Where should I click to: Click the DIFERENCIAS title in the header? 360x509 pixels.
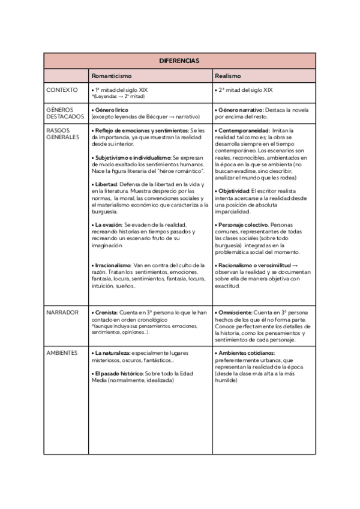pos(179,61)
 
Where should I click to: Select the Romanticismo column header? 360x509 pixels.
pos(112,76)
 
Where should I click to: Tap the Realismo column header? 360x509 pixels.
pos(228,76)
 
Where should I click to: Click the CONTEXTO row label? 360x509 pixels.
pos(62,90)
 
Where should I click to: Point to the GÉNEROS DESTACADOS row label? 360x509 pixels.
pos(65,113)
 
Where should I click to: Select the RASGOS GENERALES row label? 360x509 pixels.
pos(62,133)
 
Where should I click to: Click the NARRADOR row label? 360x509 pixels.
pos(62,313)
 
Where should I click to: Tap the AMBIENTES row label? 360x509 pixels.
pos(62,353)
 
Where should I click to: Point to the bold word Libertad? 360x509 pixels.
pos(106,184)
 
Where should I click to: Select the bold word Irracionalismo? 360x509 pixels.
pos(113,265)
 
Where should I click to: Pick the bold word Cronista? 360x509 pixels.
pos(106,313)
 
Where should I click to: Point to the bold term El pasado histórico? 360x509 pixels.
pos(117,373)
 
